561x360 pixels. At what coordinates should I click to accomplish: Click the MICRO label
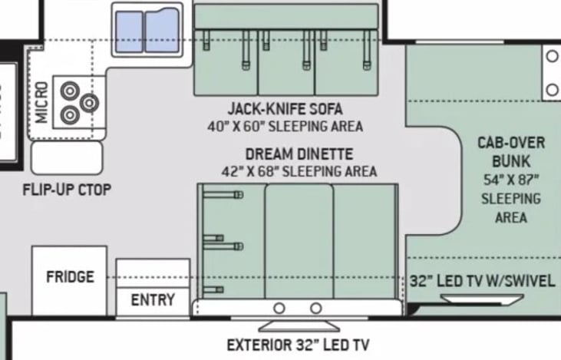coord(41,103)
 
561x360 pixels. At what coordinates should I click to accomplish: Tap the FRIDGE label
coord(70,276)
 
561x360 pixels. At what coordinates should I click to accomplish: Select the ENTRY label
coord(153,300)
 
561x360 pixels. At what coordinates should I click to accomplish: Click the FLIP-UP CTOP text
coord(67,190)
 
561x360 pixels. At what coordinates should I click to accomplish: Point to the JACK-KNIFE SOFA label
coord(285,109)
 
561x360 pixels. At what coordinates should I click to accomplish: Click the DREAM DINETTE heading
coord(299,154)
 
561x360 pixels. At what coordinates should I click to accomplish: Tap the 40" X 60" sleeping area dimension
coord(285,127)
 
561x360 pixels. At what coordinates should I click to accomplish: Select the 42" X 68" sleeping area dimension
coord(299,171)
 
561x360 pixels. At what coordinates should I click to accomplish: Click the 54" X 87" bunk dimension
coord(511,180)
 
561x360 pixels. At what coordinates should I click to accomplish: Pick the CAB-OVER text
coord(511,143)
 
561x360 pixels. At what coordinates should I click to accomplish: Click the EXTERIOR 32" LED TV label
coord(298,345)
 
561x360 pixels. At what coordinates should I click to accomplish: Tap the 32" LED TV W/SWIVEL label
coord(482,281)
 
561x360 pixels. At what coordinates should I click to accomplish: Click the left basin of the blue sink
coord(129,31)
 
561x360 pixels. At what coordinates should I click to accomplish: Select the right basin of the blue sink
coord(162,31)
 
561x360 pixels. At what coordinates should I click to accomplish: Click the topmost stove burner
coord(70,91)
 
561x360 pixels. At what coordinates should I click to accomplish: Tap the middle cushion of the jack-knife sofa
coord(286,63)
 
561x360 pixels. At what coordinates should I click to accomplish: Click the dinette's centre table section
coord(299,241)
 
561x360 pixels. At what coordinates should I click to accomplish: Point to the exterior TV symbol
coord(299,326)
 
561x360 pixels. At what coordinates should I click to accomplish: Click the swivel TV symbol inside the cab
coord(482,299)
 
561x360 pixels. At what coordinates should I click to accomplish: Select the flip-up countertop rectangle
coord(67,158)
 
